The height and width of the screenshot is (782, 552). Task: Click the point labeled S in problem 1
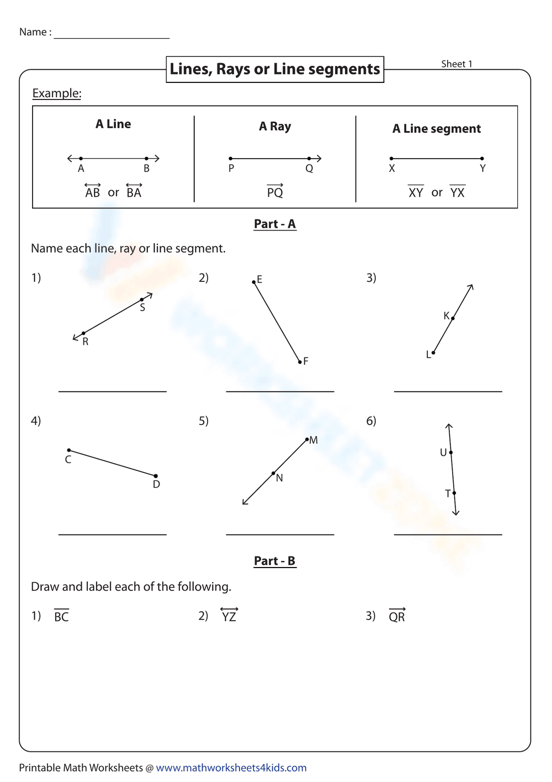(142, 300)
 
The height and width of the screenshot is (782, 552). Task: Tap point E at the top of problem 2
(254, 282)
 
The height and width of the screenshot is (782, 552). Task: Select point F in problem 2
(300, 362)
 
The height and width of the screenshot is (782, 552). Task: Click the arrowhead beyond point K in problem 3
(471, 286)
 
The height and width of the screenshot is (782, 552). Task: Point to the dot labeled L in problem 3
(433, 353)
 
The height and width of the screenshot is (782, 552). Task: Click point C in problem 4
(69, 450)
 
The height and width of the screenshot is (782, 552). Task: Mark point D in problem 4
(156, 476)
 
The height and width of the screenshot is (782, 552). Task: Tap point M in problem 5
(307, 440)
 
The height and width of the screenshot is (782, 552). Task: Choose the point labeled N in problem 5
(273, 473)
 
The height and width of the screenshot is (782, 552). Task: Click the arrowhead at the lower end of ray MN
(244, 502)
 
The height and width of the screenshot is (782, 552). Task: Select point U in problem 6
(451, 453)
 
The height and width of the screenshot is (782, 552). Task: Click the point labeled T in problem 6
(454, 493)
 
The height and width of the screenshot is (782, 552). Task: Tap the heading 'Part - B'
(275, 561)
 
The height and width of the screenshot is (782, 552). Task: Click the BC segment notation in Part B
(61, 616)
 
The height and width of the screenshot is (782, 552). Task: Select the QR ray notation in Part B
(397, 616)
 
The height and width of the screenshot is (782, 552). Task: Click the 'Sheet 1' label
(457, 64)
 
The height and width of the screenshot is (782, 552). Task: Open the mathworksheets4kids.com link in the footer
(231, 768)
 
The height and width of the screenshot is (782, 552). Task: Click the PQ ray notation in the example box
(275, 191)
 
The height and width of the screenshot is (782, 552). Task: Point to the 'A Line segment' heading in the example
(437, 129)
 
